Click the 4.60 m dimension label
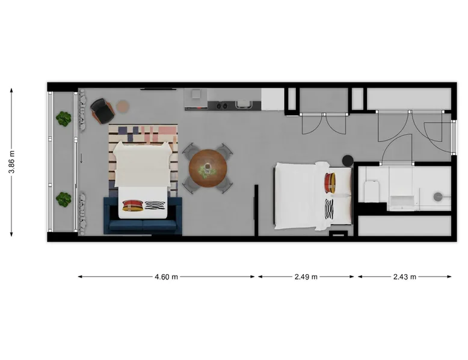[166, 277]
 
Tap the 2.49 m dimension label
[306, 277]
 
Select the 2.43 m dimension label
[404, 277]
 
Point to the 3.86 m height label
[11, 162]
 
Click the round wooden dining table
[208, 168]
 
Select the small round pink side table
[122, 106]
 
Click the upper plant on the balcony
[64, 118]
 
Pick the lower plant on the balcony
[64, 200]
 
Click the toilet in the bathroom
[372, 191]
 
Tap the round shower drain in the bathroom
[438, 197]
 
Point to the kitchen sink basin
[243, 104]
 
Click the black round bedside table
[348, 160]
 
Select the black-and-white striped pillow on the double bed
[329, 209]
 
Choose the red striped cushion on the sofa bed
[133, 206]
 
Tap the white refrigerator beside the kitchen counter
[273, 99]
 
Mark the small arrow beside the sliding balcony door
[81, 159]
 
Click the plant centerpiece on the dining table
[208, 170]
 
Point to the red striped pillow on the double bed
[330, 183]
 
